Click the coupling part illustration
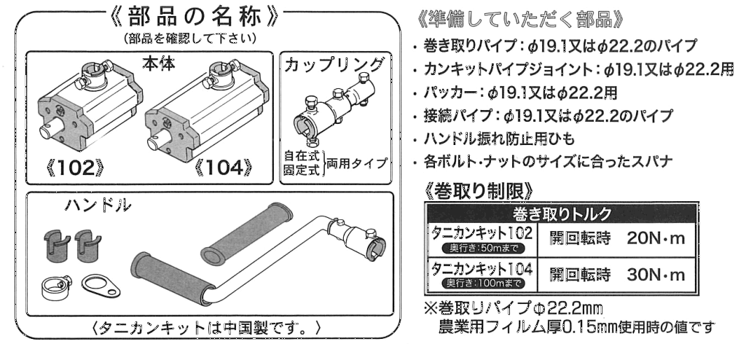pyautogui.click(x=333, y=113)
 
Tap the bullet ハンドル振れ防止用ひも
pyautogui.click(x=507, y=139)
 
